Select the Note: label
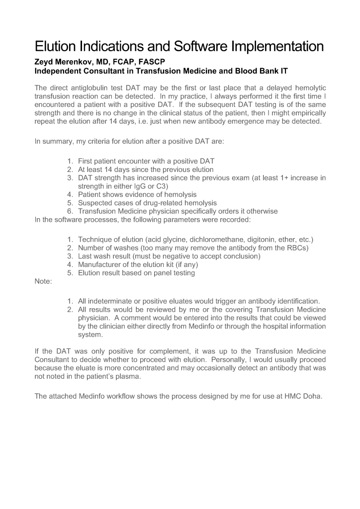[43, 281]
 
